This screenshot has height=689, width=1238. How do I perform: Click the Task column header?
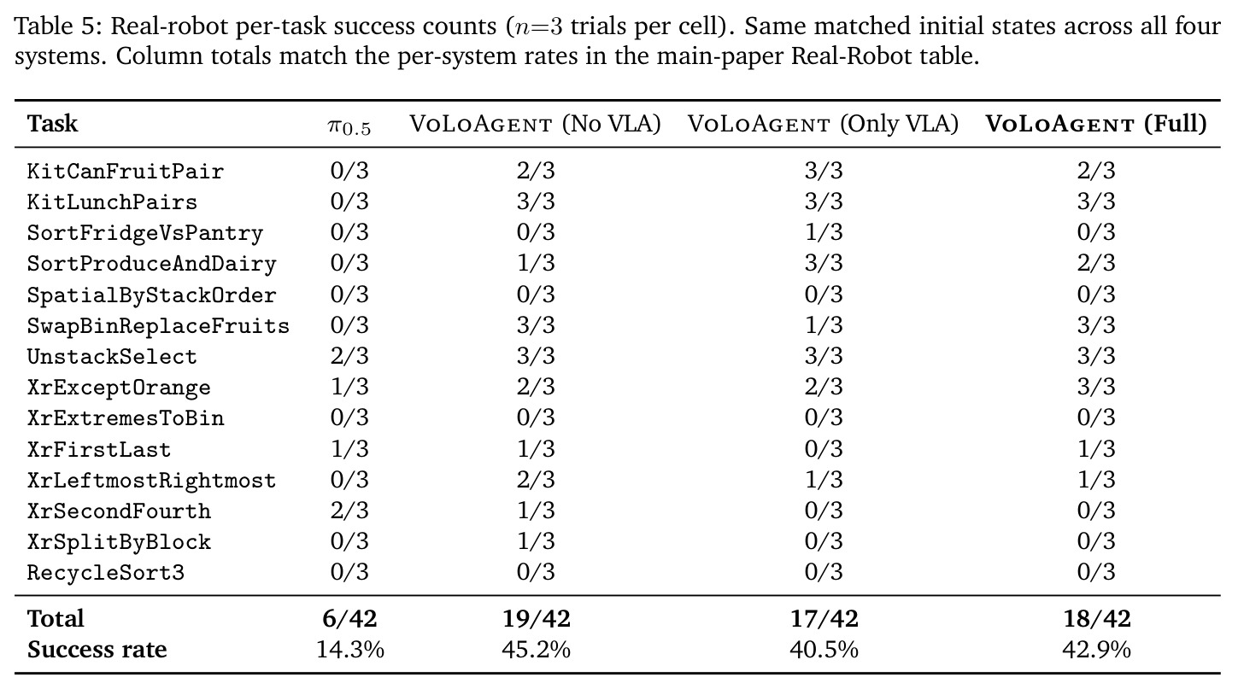point(52,123)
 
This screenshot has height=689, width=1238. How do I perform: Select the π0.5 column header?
point(349,126)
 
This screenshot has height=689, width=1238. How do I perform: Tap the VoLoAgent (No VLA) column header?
point(535,124)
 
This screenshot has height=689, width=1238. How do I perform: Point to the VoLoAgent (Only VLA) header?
point(823,124)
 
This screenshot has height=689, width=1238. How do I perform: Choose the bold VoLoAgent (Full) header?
point(1096,124)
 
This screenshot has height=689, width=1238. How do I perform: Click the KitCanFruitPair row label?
point(126,172)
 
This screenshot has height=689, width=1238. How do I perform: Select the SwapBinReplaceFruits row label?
point(158,326)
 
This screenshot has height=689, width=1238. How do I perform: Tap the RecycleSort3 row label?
point(106,573)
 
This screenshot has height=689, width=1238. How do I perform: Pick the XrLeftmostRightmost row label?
point(151,481)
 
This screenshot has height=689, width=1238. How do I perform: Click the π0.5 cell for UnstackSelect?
point(349,356)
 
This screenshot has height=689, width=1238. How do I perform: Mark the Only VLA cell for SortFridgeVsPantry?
point(824,232)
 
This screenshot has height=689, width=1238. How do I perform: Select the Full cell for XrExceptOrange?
point(1096,387)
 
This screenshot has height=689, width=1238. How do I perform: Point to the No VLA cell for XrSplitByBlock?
point(536,541)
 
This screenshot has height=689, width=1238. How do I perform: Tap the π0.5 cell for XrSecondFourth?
point(349,511)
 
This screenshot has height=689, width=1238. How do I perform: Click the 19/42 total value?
point(536,619)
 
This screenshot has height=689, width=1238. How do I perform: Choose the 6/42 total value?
point(349,619)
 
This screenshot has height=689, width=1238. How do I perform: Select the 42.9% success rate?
point(1096,650)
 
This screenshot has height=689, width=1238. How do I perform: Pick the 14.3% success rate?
point(349,650)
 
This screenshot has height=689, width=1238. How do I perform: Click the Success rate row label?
point(97,650)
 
